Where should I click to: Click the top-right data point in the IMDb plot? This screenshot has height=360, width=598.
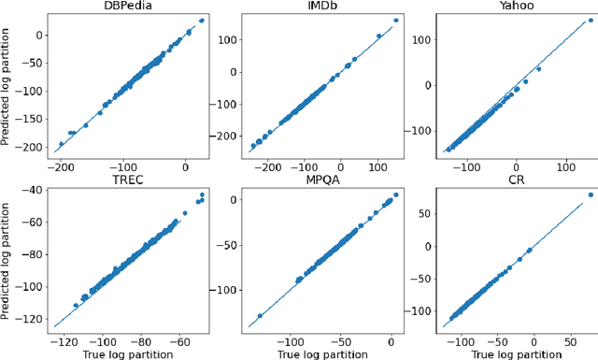pos(395,21)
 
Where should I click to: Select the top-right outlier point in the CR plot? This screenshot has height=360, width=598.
pos(591,194)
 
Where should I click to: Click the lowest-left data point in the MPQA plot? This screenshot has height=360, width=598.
pos(260,316)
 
